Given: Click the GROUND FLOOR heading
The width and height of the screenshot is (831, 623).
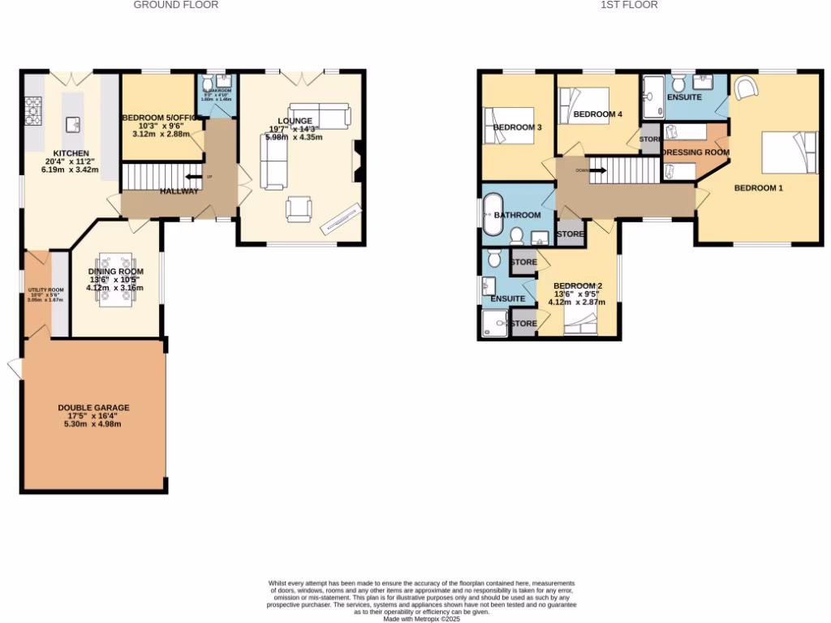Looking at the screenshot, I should point(176,5).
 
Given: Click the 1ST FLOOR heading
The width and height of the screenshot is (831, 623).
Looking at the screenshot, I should point(629,5).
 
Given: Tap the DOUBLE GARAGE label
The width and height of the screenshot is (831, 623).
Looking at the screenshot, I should point(93,408).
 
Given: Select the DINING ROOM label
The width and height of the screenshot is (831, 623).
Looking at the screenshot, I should point(116,272).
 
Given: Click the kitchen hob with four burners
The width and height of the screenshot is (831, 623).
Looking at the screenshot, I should point(33,111).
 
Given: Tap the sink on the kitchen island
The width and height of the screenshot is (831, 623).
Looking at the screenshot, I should point(72,123).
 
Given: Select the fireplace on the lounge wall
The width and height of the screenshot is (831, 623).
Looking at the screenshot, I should point(356,160).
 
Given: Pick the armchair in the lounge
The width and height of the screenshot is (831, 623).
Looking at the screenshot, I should point(299,209).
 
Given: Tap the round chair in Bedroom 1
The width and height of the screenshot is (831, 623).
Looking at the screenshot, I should point(746,86).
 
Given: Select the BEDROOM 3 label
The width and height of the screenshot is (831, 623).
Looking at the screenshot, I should point(517,127).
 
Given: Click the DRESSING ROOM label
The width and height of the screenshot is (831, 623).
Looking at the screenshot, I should point(695,152).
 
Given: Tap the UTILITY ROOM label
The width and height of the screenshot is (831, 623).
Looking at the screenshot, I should point(45,290).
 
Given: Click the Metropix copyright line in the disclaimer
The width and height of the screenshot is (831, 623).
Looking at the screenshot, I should point(421,618).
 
